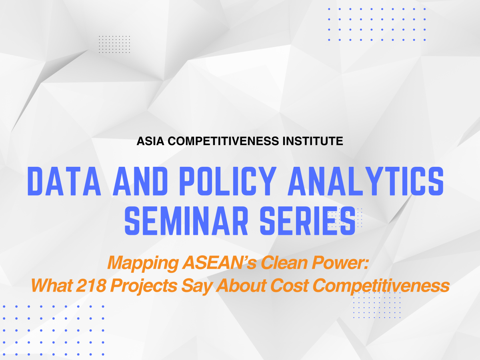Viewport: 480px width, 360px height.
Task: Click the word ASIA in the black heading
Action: click(x=150, y=141)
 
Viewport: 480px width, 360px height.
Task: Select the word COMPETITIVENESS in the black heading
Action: click(x=223, y=141)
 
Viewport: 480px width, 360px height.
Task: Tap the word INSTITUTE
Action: click(x=313, y=141)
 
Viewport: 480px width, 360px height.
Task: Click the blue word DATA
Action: click(x=64, y=181)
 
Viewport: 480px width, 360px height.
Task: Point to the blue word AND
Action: click(x=140, y=181)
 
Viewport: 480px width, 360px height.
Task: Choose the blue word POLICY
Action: click(x=228, y=181)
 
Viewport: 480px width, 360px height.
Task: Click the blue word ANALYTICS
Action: click(x=366, y=181)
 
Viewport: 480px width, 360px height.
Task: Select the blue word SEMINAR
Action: click(x=186, y=221)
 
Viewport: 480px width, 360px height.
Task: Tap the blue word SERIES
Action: click(x=308, y=221)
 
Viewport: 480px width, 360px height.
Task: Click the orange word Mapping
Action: click(x=143, y=263)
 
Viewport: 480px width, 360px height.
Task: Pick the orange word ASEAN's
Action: click(x=219, y=262)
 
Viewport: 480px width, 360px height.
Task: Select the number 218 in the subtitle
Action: click(x=91, y=285)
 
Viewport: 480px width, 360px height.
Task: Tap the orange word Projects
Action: click(x=144, y=286)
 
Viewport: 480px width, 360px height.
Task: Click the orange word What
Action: click(x=52, y=285)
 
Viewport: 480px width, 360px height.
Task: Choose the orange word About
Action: click(x=241, y=285)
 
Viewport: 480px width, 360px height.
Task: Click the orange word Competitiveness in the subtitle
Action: click(x=381, y=286)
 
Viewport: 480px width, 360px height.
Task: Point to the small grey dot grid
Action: click(x=114, y=44)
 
